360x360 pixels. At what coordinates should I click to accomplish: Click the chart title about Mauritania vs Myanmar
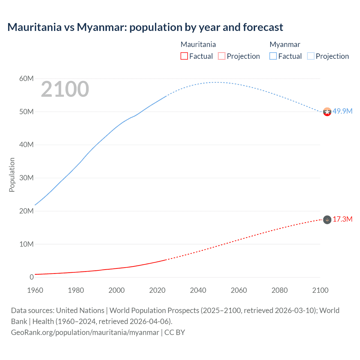(145, 27)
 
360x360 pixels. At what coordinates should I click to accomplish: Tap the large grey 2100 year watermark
(65, 89)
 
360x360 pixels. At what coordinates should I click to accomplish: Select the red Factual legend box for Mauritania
(184, 56)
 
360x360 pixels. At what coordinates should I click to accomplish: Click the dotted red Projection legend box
(222, 56)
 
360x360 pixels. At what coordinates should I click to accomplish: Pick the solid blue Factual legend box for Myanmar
(273, 56)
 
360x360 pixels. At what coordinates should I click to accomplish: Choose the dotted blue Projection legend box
(311, 56)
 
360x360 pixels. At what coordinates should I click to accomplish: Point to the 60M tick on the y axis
(26, 78)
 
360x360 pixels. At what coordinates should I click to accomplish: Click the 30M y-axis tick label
(26, 178)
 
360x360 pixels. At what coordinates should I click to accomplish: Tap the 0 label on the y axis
(31, 277)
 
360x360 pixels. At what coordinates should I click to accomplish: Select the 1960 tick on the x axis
(35, 290)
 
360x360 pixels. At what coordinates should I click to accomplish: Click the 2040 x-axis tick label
(198, 290)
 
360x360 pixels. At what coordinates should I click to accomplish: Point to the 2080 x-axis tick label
(280, 290)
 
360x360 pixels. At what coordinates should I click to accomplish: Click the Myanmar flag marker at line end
(327, 112)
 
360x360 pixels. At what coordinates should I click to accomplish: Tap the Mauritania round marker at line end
(327, 220)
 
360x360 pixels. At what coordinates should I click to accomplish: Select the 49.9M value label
(342, 111)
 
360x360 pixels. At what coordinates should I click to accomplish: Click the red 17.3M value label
(342, 219)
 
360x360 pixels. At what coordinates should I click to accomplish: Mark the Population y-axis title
(12, 175)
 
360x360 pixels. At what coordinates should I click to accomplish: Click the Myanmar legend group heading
(285, 44)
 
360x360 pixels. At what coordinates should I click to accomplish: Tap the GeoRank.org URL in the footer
(85, 332)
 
